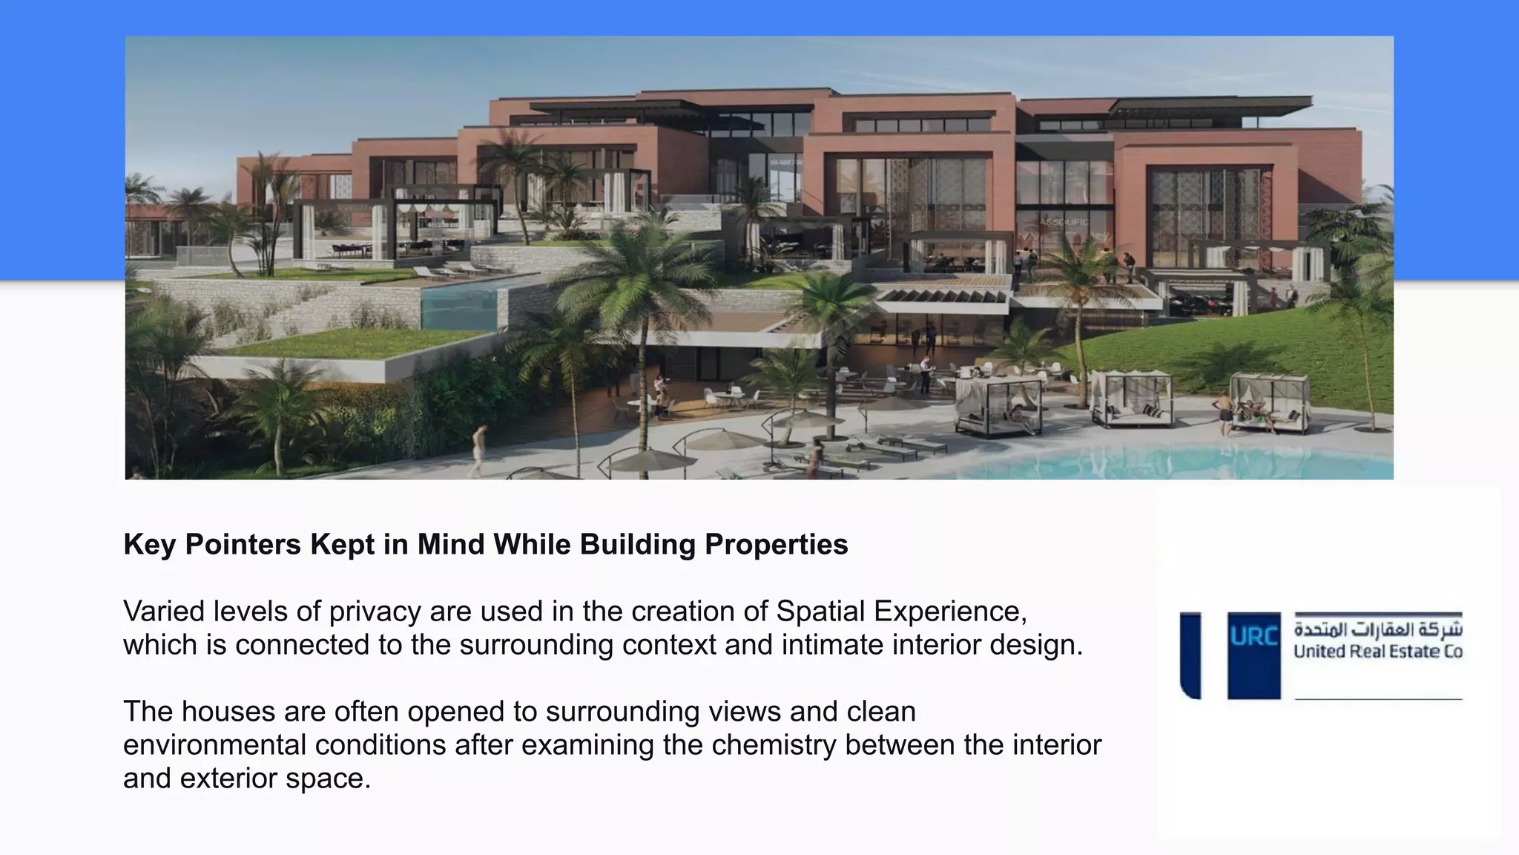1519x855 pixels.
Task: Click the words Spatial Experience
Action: click(x=900, y=612)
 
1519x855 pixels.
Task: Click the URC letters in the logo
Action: click(x=1253, y=637)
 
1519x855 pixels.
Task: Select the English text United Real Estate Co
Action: click(x=1377, y=652)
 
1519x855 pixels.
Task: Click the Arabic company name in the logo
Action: click(x=1377, y=629)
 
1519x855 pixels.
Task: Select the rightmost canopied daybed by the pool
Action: click(x=1270, y=403)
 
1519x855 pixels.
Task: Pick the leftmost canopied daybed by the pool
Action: click(x=998, y=407)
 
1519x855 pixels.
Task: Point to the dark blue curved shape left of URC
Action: click(x=1190, y=655)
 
